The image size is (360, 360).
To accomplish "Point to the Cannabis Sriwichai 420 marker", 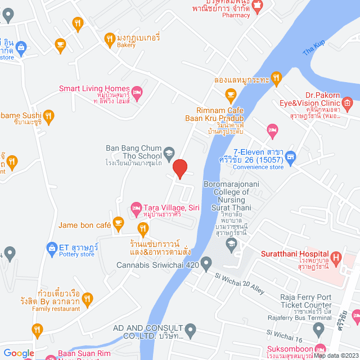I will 206,263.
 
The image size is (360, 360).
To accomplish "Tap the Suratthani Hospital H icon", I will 336,259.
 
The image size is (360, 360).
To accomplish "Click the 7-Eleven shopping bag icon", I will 290,156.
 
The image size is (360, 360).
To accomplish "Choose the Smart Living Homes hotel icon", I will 137,91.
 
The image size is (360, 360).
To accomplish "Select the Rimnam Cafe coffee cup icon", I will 230,93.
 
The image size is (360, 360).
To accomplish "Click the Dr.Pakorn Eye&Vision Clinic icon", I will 346,102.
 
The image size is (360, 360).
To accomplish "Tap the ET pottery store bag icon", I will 51,247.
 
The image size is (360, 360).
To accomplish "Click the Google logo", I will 19,353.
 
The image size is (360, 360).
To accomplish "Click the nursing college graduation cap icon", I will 231,242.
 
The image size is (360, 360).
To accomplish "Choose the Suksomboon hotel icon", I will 320,349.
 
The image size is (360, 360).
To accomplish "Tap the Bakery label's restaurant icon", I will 110,38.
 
